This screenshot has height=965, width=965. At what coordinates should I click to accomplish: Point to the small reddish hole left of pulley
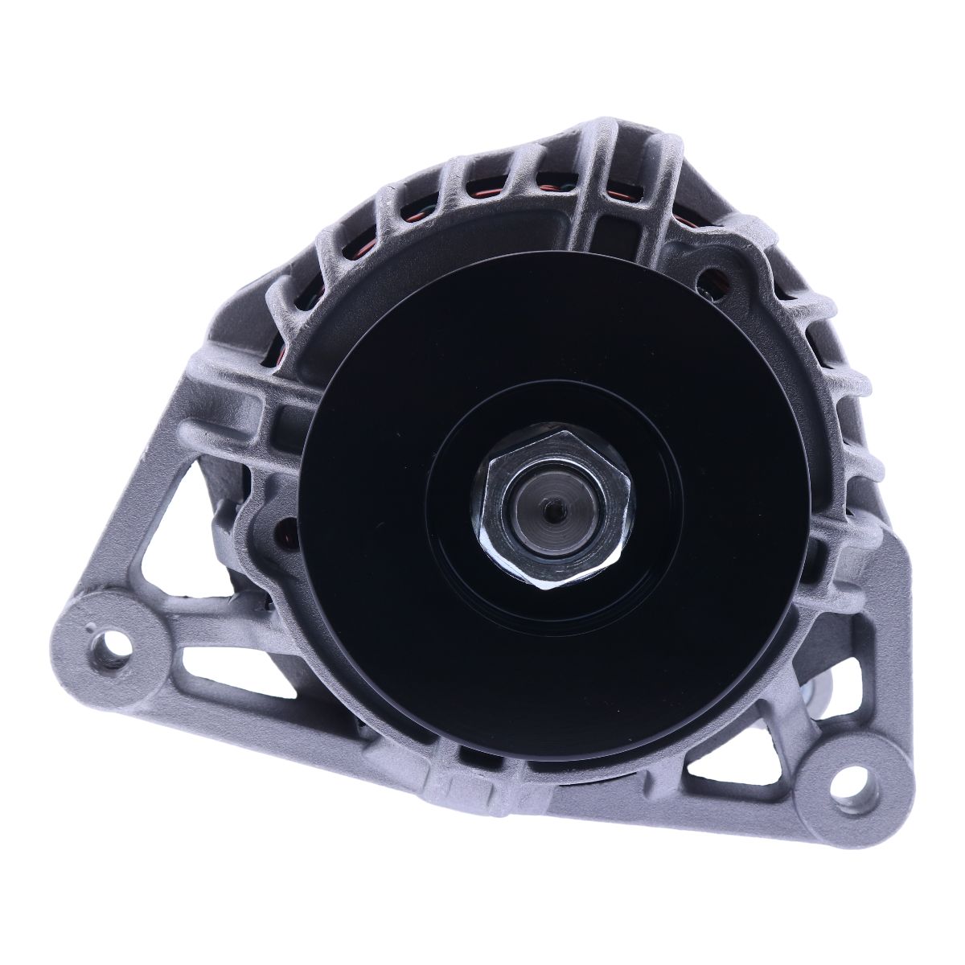tap(282, 532)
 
